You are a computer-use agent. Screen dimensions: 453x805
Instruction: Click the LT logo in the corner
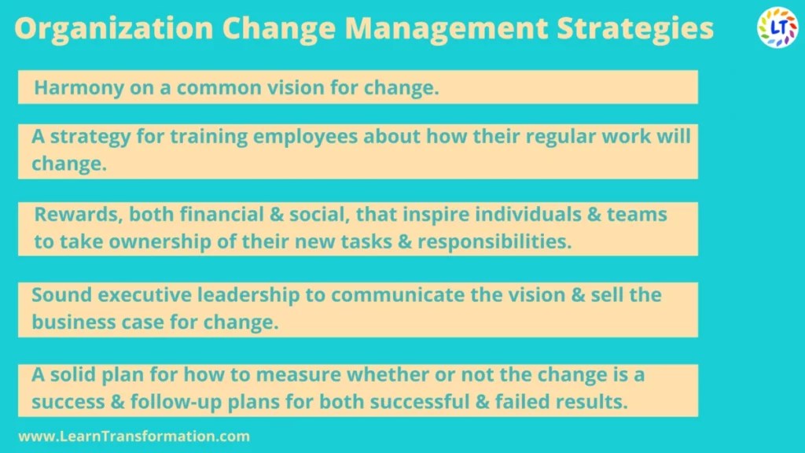coord(777,28)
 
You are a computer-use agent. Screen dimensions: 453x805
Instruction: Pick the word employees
coord(305,137)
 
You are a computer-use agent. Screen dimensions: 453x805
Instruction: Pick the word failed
coord(533,402)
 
